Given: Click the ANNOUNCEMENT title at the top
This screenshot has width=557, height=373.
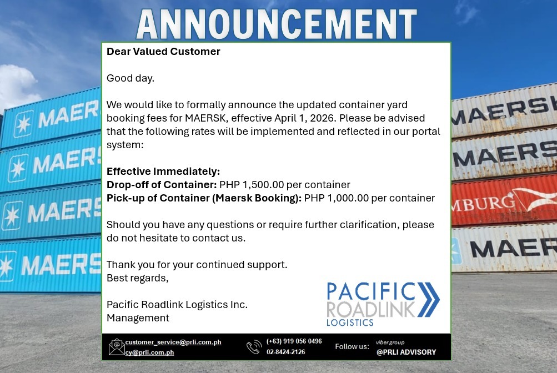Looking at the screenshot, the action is tap(277, 24).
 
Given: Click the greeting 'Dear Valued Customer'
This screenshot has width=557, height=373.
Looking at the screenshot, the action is tap(163, 52).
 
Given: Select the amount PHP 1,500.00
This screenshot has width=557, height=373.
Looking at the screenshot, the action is tap(252, 184).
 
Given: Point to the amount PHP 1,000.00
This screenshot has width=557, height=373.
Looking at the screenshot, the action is tap(337, 198).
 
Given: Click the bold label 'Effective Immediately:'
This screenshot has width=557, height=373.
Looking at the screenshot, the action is tap(163, 172).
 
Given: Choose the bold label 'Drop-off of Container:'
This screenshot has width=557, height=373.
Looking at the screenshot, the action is tap(162, 184).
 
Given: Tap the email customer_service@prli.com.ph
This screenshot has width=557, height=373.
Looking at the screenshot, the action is tap(173, 342).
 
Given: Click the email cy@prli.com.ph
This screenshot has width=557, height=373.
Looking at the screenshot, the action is tap(149, 352).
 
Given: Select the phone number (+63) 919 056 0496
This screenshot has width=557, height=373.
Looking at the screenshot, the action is tap(294, 341).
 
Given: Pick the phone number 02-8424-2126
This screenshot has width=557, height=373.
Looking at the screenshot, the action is tap(285, 352).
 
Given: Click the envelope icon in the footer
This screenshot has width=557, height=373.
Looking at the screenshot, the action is tap(117, 347).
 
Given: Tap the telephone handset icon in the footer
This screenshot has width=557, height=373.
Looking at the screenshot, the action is tap(254, 347).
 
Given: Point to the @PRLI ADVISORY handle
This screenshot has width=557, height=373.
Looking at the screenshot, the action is tap(406, 352).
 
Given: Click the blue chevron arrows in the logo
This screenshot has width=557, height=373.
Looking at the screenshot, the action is tap(428, 300).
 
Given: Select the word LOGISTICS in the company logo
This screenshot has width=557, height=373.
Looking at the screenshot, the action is tap(350, 322).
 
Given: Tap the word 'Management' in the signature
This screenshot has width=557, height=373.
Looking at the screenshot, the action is tap(138, 318).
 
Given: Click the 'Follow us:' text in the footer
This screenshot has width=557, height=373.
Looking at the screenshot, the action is tap(352, 346).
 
